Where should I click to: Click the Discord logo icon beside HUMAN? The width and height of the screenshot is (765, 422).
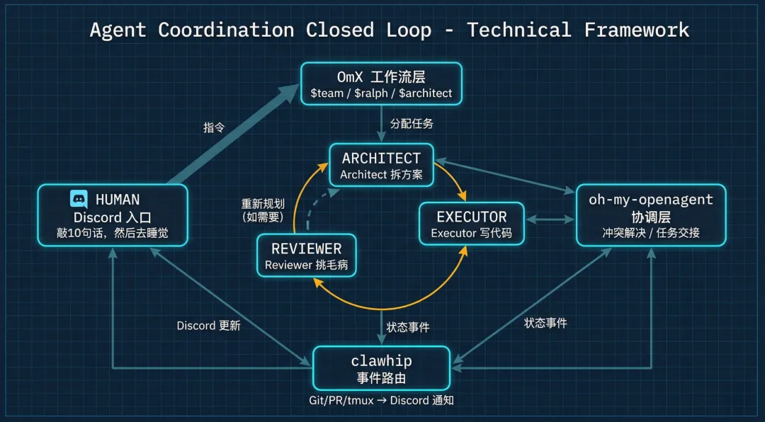click(79, 199)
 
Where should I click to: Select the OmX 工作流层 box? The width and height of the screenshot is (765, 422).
click(381, 84)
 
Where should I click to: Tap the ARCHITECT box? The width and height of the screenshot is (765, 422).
click(381, 165)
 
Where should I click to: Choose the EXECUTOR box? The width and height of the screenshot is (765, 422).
click(471, 224)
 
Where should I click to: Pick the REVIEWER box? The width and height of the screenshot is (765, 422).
click(306, 256)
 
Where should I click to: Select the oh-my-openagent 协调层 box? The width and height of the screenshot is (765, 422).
click(650, 215)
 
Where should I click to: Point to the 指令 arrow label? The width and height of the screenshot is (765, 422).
click(214, 127)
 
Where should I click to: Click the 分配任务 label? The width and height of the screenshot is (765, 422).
click(412, 123)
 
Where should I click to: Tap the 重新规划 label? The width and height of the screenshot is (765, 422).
click(263, 204)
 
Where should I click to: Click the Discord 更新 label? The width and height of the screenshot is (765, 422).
click(208, 326)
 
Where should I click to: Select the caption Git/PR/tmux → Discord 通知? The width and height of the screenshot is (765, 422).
click(382, 400)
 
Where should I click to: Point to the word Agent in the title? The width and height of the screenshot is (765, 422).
click(118, 30)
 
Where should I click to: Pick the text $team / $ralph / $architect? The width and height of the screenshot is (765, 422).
click(381, 93)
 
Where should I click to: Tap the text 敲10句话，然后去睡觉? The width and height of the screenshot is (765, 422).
click(113, 233)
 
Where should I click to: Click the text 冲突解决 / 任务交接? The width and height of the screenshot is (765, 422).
click(650, 232)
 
